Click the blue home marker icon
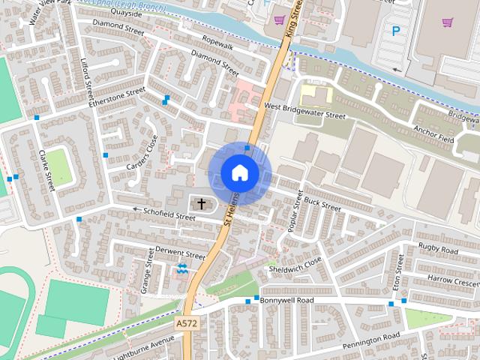click(239, 173)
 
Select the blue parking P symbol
click(395, 31)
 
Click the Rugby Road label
click(439, 248)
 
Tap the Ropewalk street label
click(217, 44)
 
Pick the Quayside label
click(125, 13)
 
